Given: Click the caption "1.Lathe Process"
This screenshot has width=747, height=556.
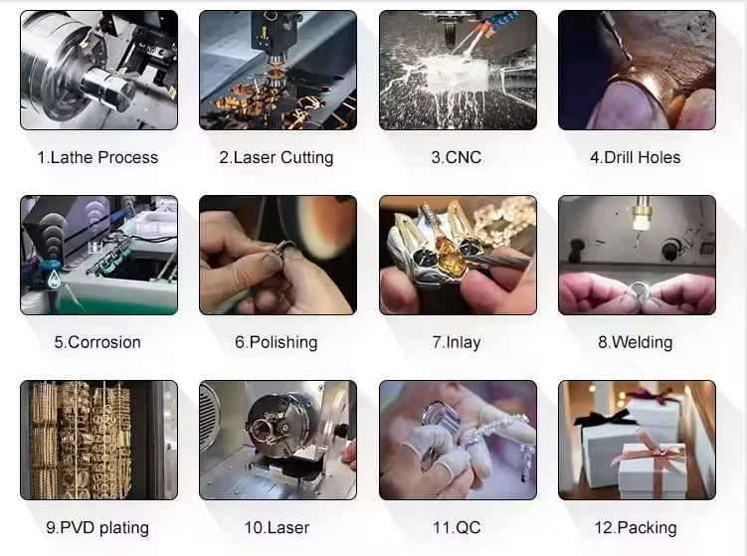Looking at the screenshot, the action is click(97, 157).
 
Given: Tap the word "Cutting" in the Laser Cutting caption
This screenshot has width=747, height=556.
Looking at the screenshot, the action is click(306, 158).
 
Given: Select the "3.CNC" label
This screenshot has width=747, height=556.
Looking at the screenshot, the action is click(457, 157).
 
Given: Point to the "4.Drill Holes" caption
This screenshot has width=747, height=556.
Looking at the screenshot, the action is click(635, 157).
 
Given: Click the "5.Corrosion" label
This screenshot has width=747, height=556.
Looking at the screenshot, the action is click(97, 342).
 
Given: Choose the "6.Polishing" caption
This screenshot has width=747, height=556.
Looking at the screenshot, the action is click(277, 342).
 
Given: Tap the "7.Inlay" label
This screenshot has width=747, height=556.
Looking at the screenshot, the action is click(457, 342).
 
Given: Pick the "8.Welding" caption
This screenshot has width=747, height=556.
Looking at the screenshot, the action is click(635, 342).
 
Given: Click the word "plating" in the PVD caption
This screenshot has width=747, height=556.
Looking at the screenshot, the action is click(124, 528).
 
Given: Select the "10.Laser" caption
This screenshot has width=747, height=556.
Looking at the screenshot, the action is click(277, 527).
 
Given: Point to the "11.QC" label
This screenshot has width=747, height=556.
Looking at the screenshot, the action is click(457, 527).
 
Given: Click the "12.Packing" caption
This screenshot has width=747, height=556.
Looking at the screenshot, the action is click(636, 528).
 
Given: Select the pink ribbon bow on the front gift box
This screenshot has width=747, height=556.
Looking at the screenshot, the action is click(651, 453).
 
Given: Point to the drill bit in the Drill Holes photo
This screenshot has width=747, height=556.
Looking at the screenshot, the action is click(616, 36).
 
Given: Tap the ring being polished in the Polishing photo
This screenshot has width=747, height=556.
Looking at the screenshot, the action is click(283, 249).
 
